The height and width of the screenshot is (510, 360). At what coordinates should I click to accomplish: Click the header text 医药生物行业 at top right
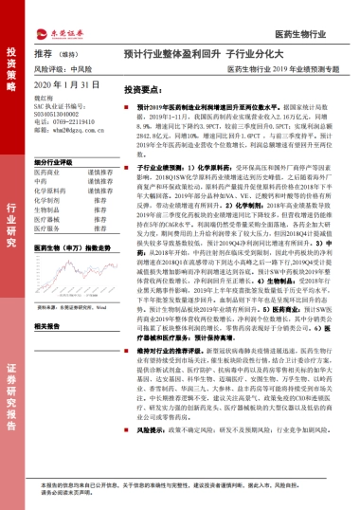point(322,34)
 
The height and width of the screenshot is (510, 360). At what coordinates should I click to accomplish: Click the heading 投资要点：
point(145,88)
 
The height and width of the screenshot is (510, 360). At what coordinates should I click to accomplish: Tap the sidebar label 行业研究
point(13,233)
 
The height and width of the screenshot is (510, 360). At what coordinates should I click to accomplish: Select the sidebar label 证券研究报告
point(13,399)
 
